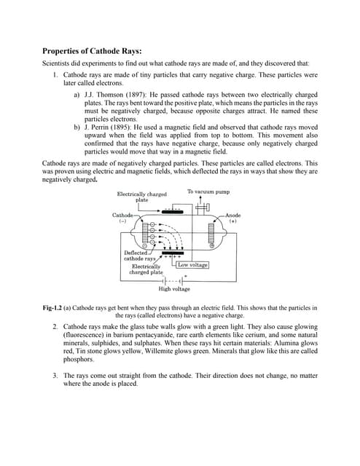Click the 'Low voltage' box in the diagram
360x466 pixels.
[193, 265]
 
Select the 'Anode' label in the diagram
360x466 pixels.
[232, 216]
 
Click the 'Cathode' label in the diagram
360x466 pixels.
[122, 216]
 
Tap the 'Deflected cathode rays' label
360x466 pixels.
[139, 256]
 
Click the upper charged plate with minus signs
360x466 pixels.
[173, 210]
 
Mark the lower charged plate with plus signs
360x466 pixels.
[173, 253]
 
